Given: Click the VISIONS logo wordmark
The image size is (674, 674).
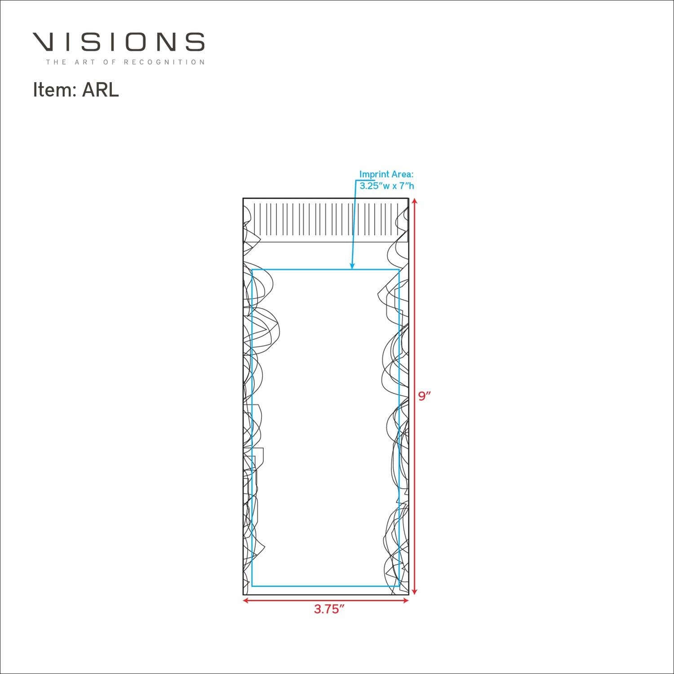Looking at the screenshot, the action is click(x=119, y=42).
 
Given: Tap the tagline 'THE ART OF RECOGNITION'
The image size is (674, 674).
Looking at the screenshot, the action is click(x=125, y=62).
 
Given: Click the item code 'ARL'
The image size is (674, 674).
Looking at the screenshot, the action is click(x=100, y=90).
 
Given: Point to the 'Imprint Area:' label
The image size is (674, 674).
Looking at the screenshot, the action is click(x=386, y=174).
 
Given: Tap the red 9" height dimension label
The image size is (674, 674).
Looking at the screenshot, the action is click(x=425, y=396).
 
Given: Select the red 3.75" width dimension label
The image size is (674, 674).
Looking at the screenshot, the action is click(x=329, y=609).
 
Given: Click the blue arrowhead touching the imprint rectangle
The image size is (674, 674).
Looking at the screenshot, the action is click(x=352, y=266).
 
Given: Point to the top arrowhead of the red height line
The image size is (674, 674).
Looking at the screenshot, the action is click(x=415, y=202).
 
